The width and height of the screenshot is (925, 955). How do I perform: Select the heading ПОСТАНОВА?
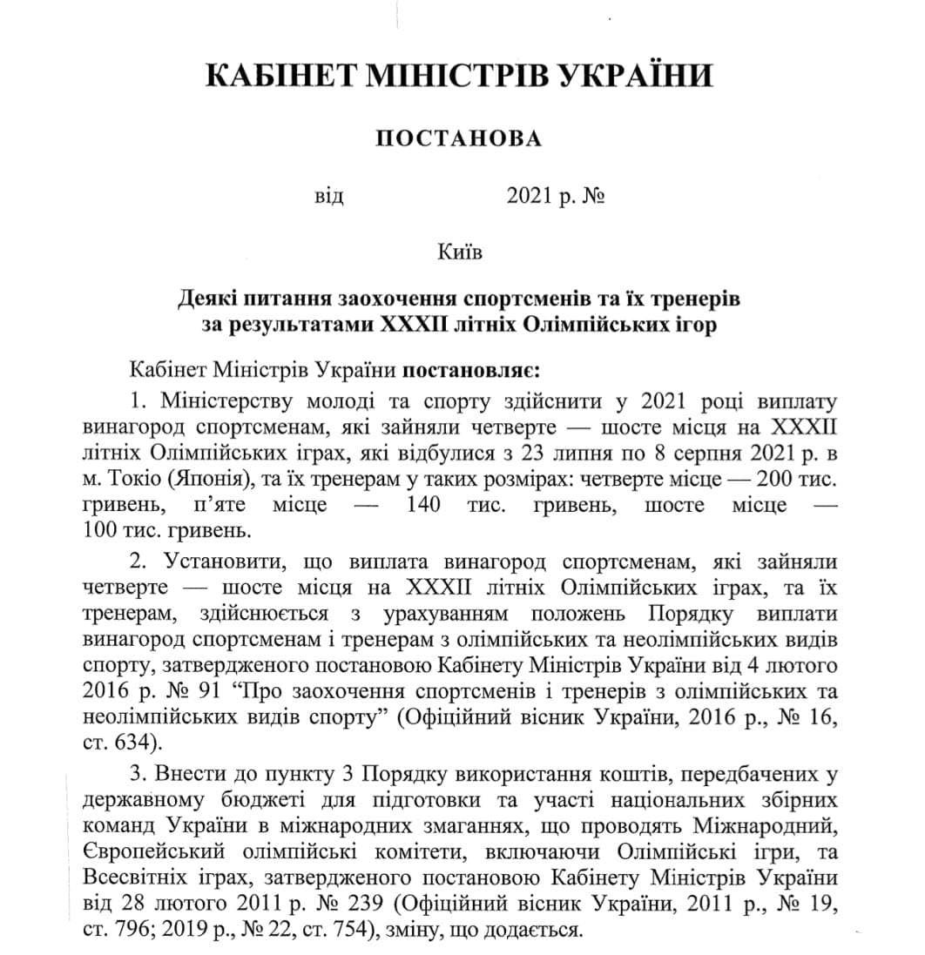click(457, 139)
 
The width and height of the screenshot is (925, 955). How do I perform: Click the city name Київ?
click(459, 252)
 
